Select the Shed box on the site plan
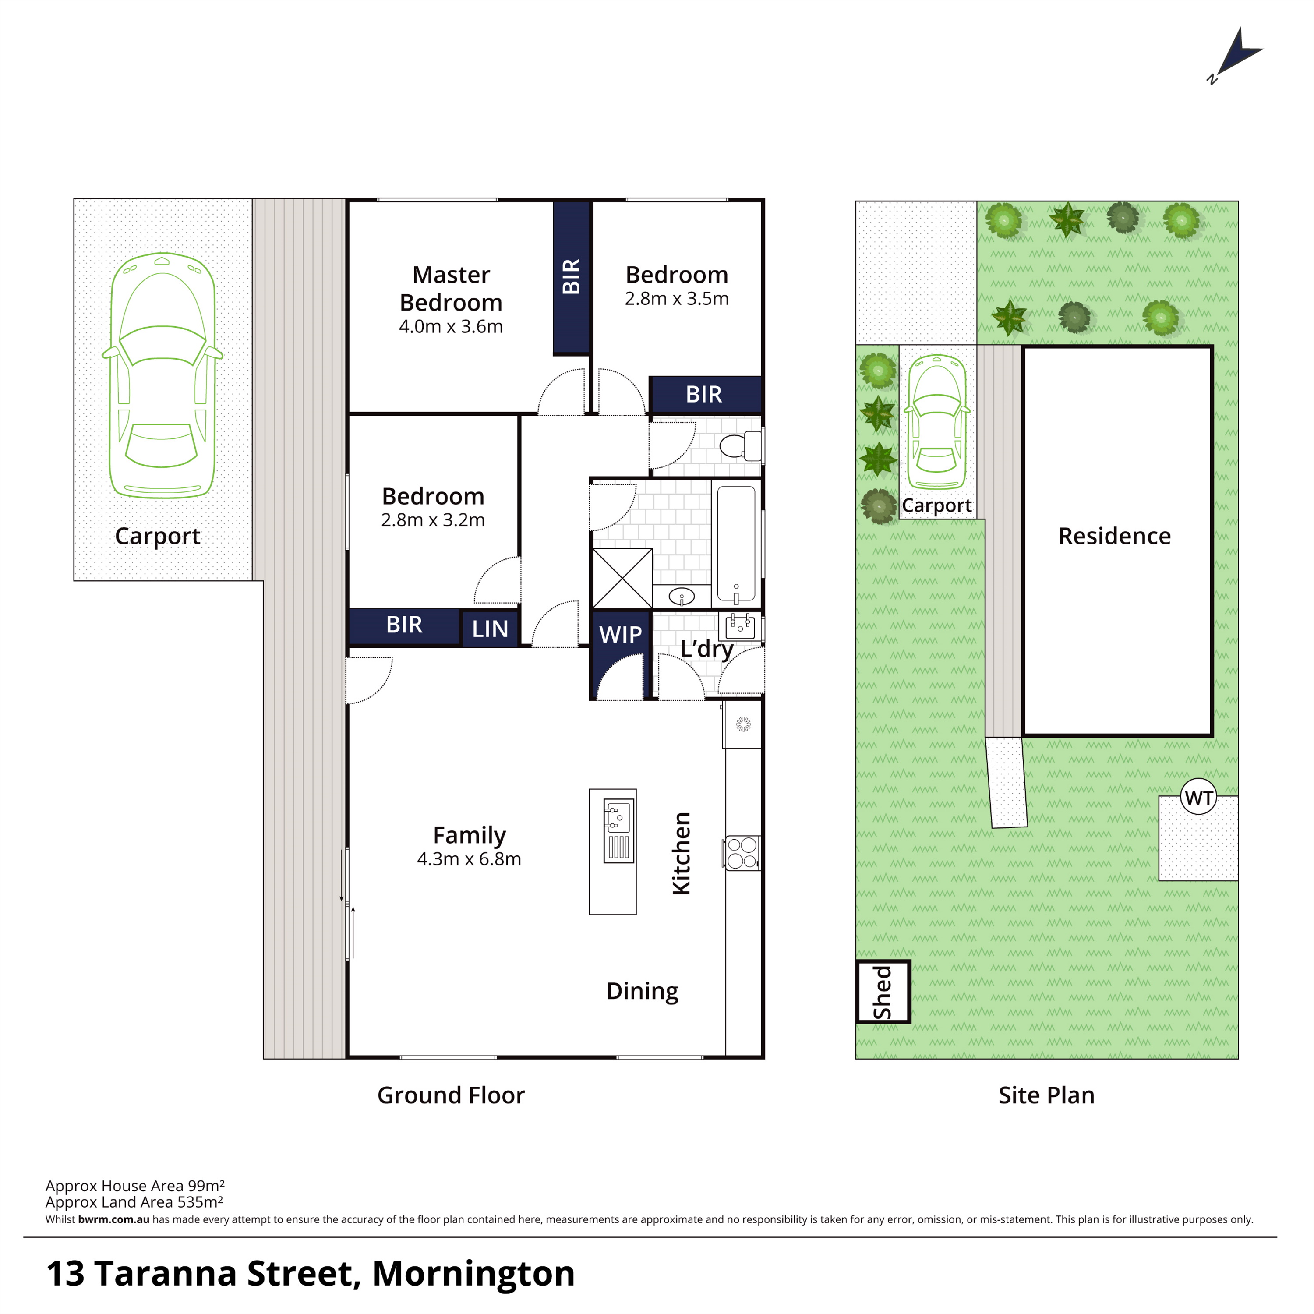883,992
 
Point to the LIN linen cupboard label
490,629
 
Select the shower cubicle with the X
622,578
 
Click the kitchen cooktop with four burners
742,853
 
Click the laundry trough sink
739,626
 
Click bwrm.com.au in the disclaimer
113,1219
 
